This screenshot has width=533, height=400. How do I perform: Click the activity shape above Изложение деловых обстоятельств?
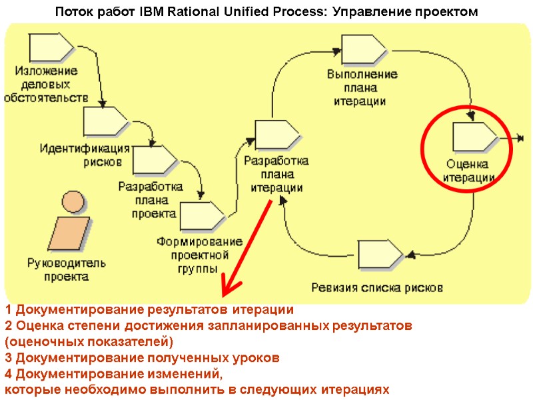(x=51, y=47)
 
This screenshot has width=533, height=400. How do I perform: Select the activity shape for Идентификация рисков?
(x=105, y=121)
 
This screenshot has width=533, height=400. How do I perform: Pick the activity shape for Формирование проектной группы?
(x=202, y=215)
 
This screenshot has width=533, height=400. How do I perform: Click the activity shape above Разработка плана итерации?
(x=276, y=135)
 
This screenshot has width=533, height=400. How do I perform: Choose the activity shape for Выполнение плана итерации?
(x=364, y=48)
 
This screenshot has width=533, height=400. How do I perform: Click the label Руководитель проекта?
(x=67, y=270)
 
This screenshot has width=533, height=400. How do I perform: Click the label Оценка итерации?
(x=468, y=171)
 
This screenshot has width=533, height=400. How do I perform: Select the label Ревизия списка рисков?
(x=377, y=288)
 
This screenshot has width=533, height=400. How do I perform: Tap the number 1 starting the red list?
(x=8, y=310)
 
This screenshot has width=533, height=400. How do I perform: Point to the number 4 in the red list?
(x=9, y=374)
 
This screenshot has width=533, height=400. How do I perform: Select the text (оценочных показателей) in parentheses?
(x=89, y=342)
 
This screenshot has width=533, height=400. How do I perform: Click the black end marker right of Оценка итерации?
(x=520, y=139)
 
